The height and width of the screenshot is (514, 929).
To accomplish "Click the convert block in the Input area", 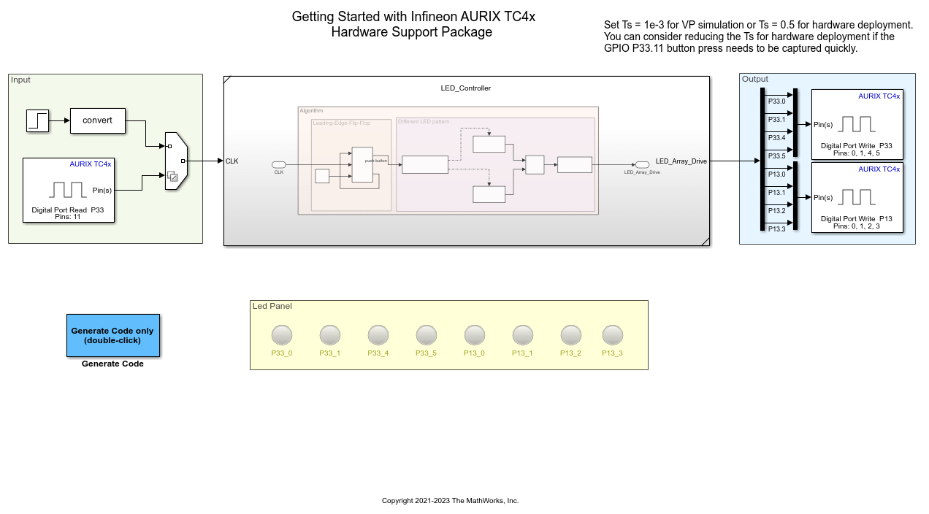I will [x=97, y=120].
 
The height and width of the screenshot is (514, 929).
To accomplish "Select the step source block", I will [x=38, y=120].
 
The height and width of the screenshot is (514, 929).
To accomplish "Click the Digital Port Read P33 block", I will [x=69, y=190].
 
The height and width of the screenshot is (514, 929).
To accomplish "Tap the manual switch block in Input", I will [x=176, y=161].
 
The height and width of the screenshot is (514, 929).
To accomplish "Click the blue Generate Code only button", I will [x=112, y=335].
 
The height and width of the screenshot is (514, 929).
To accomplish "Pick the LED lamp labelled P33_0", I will [x=282, y=335].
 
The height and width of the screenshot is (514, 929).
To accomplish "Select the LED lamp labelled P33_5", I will [x=427, y=335].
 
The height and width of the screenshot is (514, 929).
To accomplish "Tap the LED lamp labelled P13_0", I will [x=475, y=335].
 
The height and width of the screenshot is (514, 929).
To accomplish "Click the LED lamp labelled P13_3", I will [x=613, y=335].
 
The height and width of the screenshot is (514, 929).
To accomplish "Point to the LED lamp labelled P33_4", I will [x=378, y=335].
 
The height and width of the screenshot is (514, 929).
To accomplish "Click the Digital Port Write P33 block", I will [x=857, y=124].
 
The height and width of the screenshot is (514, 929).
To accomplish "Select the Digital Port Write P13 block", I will [x=857, y=197].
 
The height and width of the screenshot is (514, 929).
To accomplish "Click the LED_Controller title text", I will [x=466, y=88].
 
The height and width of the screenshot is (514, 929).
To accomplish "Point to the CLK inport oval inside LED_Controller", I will [x=278, y=164].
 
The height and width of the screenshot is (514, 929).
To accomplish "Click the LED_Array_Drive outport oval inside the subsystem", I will [x=642, y=164].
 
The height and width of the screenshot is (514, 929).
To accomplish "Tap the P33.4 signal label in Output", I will [x=776, y=138].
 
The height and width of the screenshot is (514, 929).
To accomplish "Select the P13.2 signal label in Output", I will [x=776, y=211].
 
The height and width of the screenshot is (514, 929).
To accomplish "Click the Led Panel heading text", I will [x=272, y=306].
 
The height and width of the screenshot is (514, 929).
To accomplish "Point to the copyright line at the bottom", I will [x=450, y=501].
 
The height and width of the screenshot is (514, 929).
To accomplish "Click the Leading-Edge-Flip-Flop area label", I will [x=341, y=123].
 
